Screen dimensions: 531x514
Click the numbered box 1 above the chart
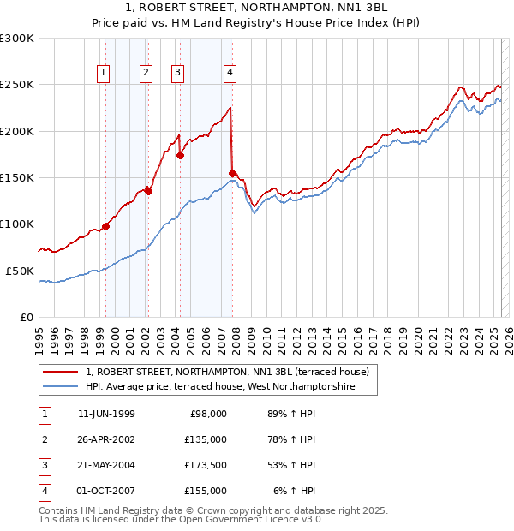(x=103, y=73)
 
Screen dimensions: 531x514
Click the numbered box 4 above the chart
(x=230, y=73)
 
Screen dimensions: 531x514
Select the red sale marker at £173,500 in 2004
(x=180, y=156)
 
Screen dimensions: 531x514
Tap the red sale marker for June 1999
(x=106, y=226)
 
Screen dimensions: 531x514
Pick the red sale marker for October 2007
(x=232, y=173)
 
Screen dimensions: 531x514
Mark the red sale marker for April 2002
(x=148, y=192)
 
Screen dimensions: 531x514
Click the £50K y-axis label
(x=20, y=271)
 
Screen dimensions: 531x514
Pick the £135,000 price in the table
(x=206, y=439)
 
